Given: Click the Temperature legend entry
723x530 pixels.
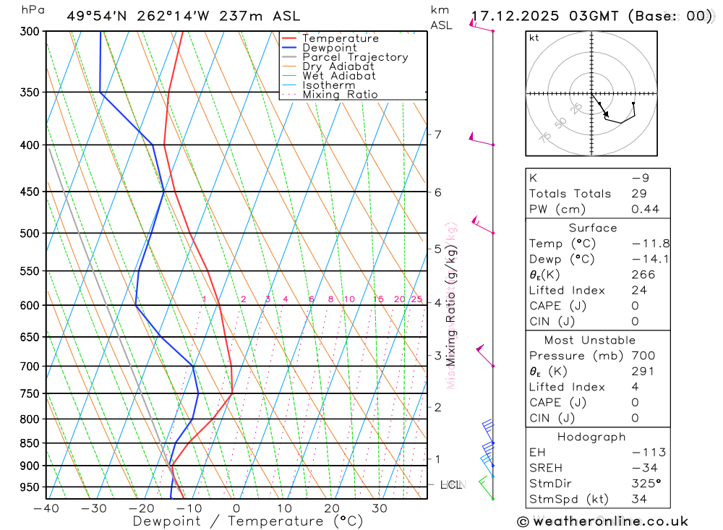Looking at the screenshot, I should point(340,38).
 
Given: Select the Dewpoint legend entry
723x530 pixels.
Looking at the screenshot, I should point(330,48).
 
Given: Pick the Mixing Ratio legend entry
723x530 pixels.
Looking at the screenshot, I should point(340,95).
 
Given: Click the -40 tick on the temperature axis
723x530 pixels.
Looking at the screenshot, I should point(46,508).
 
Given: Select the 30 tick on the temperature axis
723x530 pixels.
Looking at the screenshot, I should point(380,508).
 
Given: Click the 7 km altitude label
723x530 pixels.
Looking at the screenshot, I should point(437,134).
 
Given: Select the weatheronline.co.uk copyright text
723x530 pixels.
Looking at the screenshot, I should point(602,521).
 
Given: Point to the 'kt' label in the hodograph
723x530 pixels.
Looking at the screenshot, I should point(534,38).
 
